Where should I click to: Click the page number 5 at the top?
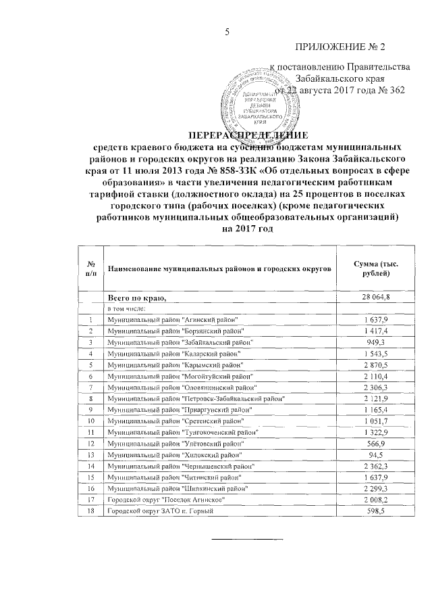tap(227, 32)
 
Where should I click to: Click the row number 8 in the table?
tap(90, 399)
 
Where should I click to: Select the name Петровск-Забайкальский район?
tap(196, 399)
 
